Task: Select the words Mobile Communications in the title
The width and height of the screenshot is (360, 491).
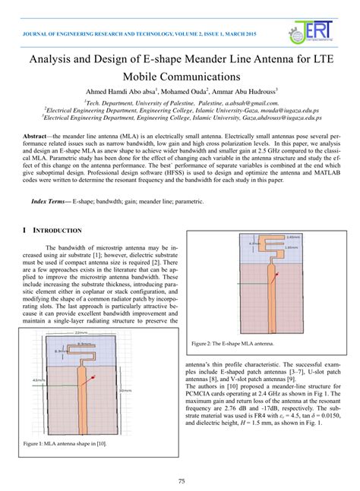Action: (x=180, y=77)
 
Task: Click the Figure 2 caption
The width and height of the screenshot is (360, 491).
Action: (x=232, y=344)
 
